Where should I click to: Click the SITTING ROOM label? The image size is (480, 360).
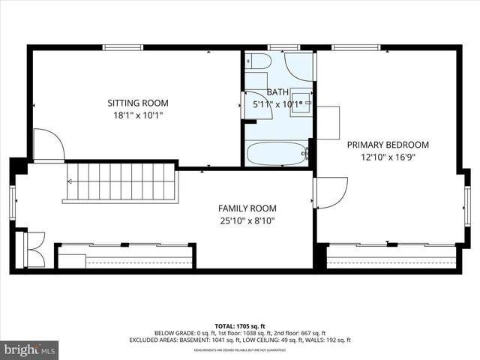tap(137, 103)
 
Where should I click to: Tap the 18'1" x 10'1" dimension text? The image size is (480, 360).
tap(137, 115)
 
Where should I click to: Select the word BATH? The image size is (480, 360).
tap(267, 91)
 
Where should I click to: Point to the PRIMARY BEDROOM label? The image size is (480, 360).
tap(388, 145)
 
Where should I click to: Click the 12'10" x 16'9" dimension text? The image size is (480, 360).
tap(388, 157)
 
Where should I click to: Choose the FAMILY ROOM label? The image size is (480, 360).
tap(247, 208)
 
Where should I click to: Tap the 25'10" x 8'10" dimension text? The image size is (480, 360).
tap(247, 220)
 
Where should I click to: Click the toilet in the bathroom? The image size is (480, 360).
tap(255, 61)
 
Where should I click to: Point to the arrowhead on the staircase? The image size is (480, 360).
tap(72, 180)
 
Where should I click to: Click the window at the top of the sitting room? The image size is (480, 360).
tap(123, 48)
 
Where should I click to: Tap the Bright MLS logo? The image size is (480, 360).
tap(29, 349)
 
